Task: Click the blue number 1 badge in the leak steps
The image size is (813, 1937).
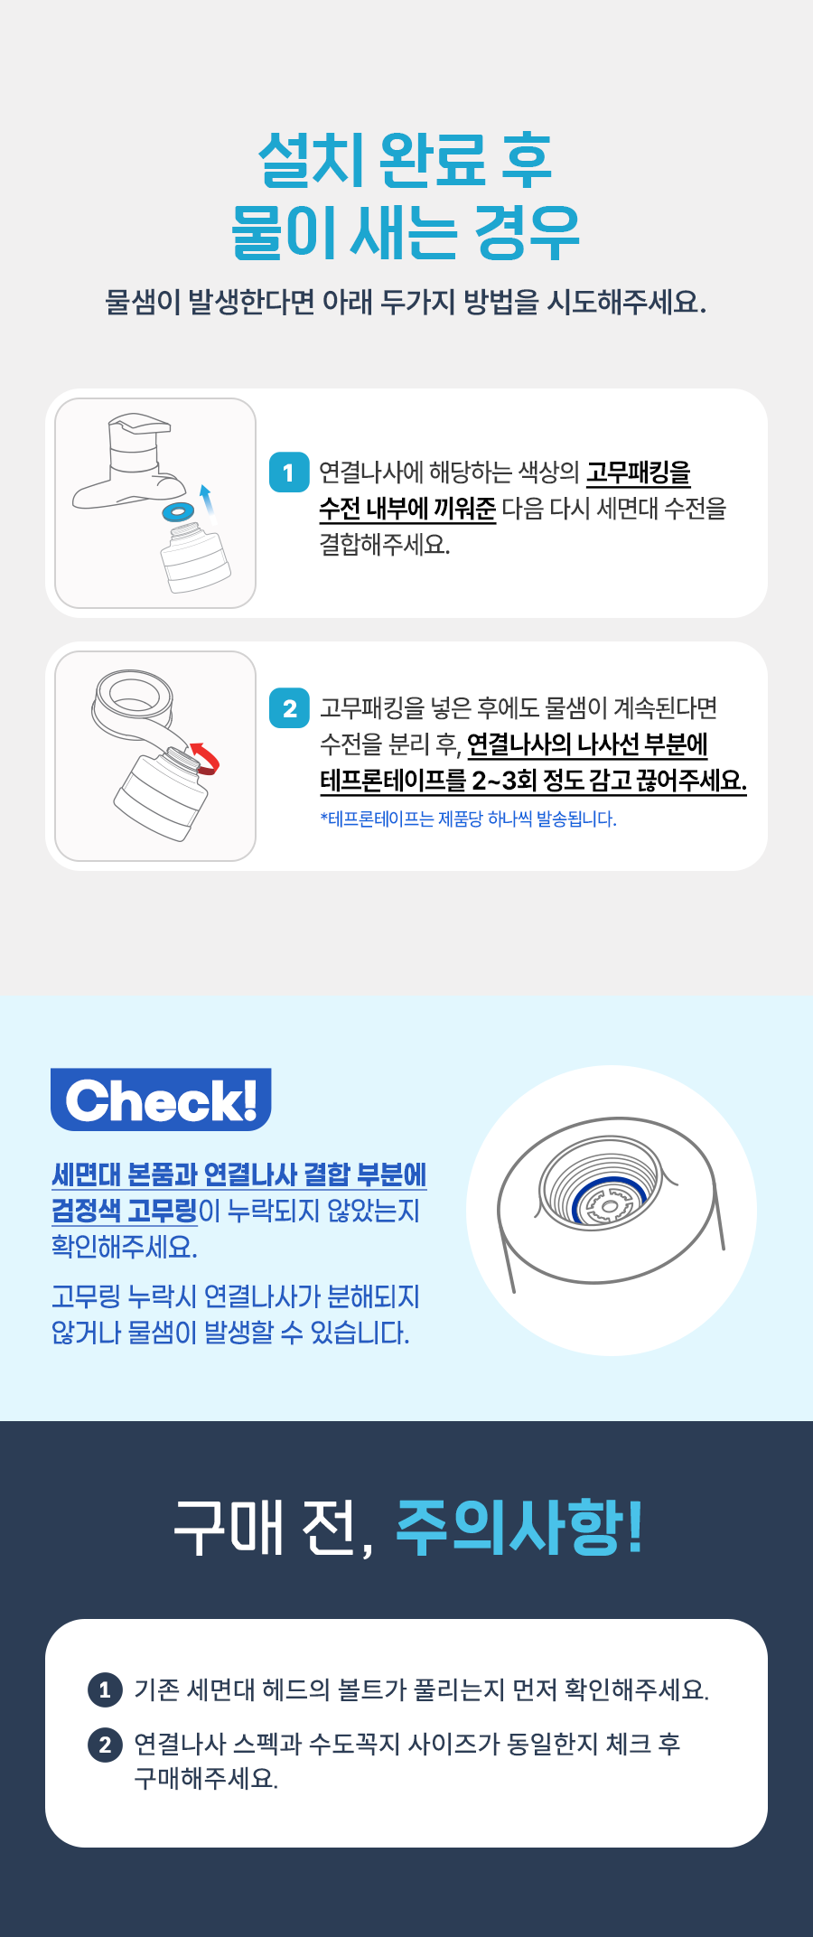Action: coord(289,473)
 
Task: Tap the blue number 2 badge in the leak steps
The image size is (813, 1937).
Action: coord(289,707)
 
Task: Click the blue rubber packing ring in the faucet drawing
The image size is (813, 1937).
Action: coord(178,512)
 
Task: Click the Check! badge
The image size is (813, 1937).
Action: coord(161,1100)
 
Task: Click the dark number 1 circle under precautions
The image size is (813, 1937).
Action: coord(105,1689)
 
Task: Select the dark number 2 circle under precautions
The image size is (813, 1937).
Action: coord(105,1744)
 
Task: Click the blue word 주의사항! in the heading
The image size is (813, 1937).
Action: coord(520,1528)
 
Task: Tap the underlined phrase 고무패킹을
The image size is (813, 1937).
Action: coord(639,473)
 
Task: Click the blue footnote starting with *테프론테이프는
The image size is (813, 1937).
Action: coord(468,819)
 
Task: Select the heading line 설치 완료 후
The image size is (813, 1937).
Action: coord(406,161)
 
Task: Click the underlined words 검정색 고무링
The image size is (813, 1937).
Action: coord(124,1211)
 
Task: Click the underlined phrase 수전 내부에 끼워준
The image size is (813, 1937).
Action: coord(407,509)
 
